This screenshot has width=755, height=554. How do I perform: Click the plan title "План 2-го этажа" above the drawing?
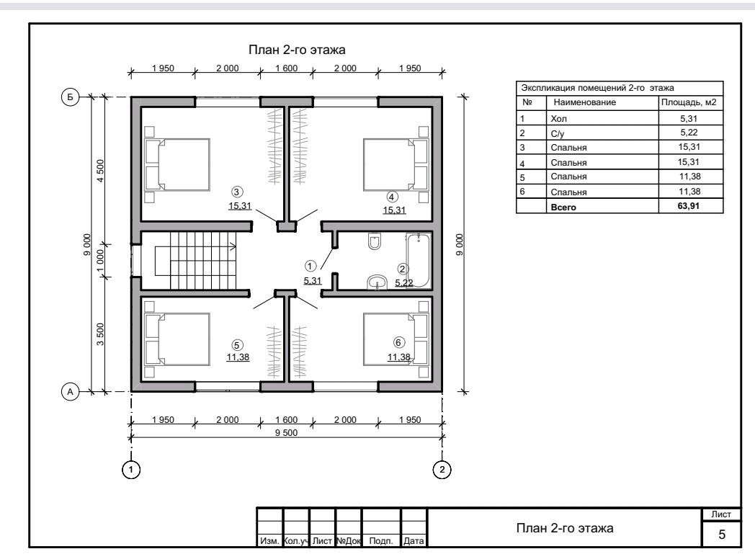(x=297, y=50)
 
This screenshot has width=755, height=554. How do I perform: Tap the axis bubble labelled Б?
(x=70, y=97)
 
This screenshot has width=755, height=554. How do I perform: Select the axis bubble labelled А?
(x=70, y=392)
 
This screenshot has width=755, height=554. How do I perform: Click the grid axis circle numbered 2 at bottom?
(x=442, y=469)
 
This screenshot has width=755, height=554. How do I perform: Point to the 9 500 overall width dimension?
(x=287, y=433)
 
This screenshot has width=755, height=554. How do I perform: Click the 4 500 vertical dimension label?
(x=100, y=171)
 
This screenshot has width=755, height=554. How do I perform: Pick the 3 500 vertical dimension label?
(x=100, y=334)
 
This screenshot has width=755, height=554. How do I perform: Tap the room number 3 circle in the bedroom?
(x=236, y=192)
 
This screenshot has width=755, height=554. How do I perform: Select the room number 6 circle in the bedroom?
(x=398, y=342)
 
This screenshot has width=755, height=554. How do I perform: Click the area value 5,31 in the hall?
(x=312, y=281)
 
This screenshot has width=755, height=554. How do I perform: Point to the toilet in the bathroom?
(x=374, y=241)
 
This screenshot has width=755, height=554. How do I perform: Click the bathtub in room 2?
(x=418, y=260)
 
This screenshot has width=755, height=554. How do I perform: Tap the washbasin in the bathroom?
(x=377, y=282)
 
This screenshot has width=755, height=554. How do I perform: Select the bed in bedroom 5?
(x=177, y=339)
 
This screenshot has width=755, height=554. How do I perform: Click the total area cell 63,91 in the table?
(x=689, y=206)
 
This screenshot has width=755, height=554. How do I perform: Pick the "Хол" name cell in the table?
(x=558, y=118)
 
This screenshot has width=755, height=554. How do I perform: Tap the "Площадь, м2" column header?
(x=689, y=102)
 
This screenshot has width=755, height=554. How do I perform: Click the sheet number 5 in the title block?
(x=722, y=535)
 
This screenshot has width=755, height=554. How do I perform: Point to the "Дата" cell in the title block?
(x=414, y=540)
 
